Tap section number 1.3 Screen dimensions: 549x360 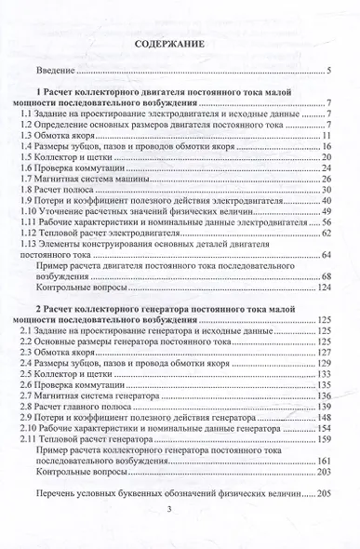tap(29, 136)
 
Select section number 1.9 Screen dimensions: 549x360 tap(29, 199)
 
